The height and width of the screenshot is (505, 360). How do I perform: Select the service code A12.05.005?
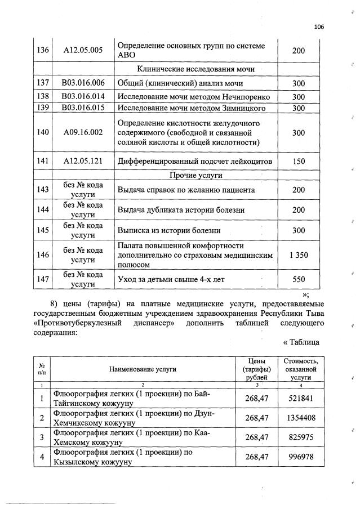click(83, 50)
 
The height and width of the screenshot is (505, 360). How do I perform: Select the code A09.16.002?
click(83, 133)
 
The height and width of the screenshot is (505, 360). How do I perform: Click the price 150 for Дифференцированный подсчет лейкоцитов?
click(299, 161)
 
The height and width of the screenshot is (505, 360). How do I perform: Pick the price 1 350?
click(299, 255)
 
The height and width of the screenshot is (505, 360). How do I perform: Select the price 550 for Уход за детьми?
click(299, 279)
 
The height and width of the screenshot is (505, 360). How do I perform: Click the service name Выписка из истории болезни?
click(168, 230)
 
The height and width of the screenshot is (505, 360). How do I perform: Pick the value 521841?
click(301, 398)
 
